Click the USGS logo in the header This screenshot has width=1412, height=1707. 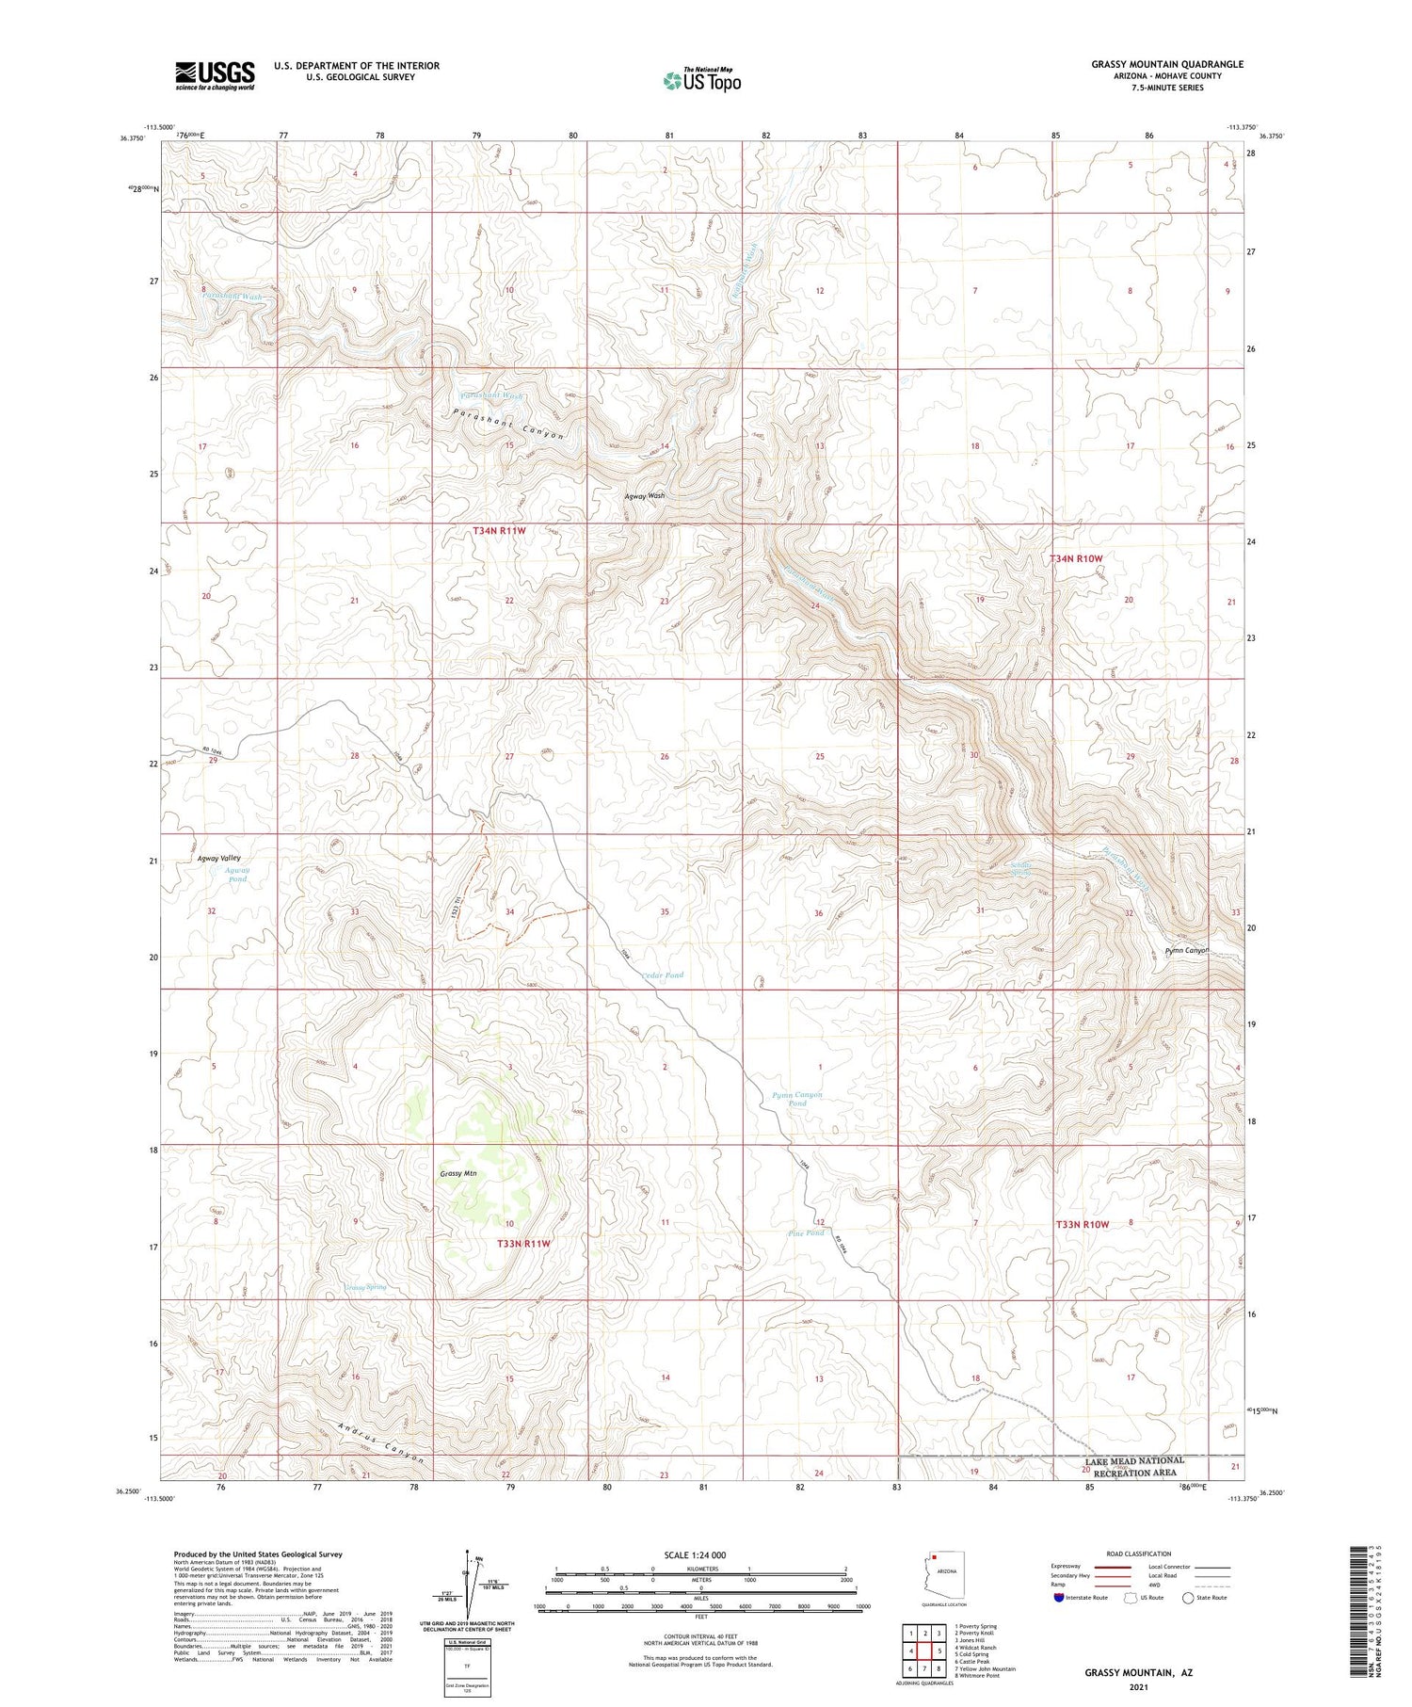click(x=215, y=75)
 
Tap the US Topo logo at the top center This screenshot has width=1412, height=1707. click(x=701, y=80)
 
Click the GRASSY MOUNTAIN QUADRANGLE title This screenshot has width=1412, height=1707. click(x=1166, y=64)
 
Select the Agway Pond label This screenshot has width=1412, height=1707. click(x=237, y=875)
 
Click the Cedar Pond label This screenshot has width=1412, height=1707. click(x=662, y=975)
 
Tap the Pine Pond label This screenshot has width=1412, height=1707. click(x=805, y=1232)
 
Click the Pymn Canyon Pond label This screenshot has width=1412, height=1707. click(x=796, y=1099)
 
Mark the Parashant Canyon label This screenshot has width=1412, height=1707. click(x=508, y=424)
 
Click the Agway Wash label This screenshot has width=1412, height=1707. click(x=645, y=495)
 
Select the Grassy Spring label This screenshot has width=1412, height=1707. click(x=365, y=1286)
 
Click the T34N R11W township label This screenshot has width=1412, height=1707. click(x=499, y=531)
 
